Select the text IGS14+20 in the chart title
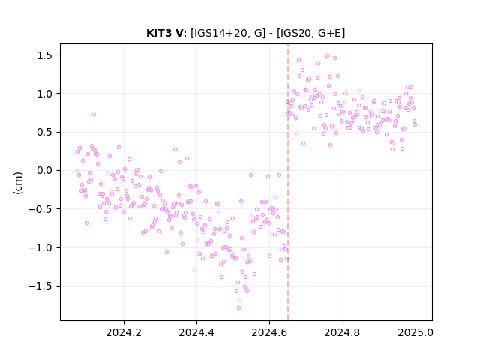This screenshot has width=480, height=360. pyautogui.click(x=218, y=33)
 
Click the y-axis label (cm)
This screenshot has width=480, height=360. pyautogui.click(x=18, y=183)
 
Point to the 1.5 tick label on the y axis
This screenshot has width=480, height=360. pyautogui.click(x=45, y=55)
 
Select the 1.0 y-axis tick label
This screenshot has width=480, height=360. pyautogui.click(x=45, y=94)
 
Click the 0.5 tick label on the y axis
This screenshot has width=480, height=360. pyautogui.click(x=45, y=132)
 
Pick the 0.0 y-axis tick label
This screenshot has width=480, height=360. pyautogui.click(x=45, y=170)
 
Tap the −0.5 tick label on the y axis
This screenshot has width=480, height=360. pyautogui.click(x=40, y=209)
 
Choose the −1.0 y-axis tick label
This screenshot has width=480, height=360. pyautogui.click(x=40, y=247)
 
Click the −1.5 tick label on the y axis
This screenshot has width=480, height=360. pyautogui.click(x=40, y=286)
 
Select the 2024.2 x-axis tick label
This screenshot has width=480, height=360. pyautogui.click(x=124, y=332)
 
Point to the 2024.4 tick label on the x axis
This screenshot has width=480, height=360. pyautogui.click(x=196, y=332)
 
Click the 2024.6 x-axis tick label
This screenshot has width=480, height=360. pyautogui.click(x=269, y=332)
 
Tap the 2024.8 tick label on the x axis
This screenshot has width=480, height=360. pyautogui.click(x=343, y=332)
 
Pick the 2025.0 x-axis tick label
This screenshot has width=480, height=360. pyautogui.click(x=415, y=332)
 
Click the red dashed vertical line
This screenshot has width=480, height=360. pyautogui.click(x=288, y=182)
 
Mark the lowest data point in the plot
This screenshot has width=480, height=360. pyautogui.click(x=238, y=308)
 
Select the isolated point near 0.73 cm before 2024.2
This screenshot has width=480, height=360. pyautogui.click(x=94, y=115)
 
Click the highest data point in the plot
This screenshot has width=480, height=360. pyautogui.click(x=327, y=56)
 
